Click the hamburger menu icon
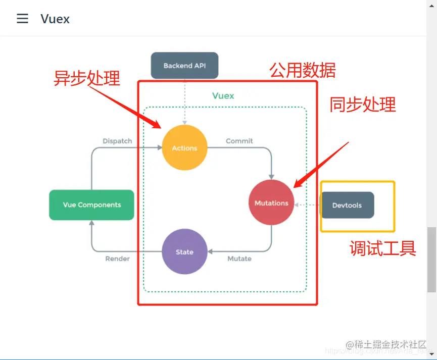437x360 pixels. (x=23, y=19)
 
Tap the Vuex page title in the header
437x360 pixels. (x=55, y=19)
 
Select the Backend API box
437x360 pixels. (x=184, y=66)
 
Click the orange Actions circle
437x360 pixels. (x=184, y=148)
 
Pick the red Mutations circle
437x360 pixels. (x=271, y=203)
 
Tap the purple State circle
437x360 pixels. (x=184, y=252)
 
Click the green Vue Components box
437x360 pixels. (x=91, y=205)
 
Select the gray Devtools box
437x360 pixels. (x=347, y=205)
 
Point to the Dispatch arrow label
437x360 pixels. (x=117, y=141)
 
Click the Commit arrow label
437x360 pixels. (x=239, y=141)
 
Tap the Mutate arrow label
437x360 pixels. (x=239, y=259)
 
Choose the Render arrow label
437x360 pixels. (x=117, y=259)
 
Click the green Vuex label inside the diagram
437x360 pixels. (x=223, y=95)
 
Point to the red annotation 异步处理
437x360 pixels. (x=87, y=78)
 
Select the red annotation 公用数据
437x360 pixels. (x=302, y=70)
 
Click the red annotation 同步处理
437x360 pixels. (x=363, y=105)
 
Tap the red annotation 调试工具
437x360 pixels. (x=383, y=248)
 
